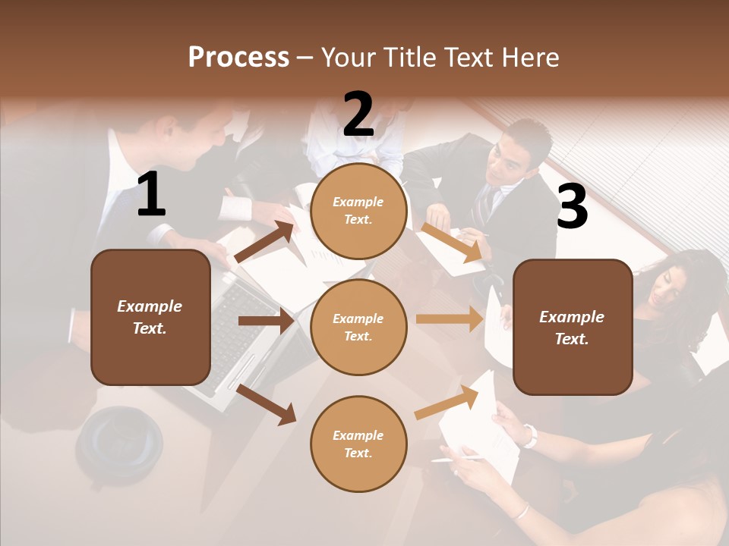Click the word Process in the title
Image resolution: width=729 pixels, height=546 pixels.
pos(238,57)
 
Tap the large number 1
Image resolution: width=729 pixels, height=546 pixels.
pos(151,195)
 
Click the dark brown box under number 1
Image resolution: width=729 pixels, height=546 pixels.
pos(150,317)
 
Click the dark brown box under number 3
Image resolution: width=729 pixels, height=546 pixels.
pos(573,327)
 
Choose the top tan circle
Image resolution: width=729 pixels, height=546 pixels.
pos(358,211)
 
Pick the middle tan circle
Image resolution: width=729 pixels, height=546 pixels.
pos(358,327)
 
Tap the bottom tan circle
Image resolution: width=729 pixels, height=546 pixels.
pos(358,444)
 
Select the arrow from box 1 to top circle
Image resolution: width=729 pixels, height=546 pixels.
pos(264,242)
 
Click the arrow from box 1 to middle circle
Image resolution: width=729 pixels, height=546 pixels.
pos(267,321)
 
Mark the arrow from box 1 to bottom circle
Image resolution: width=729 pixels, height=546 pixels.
pos(267,403)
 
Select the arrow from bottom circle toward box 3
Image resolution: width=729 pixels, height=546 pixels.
pos(447,401)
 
